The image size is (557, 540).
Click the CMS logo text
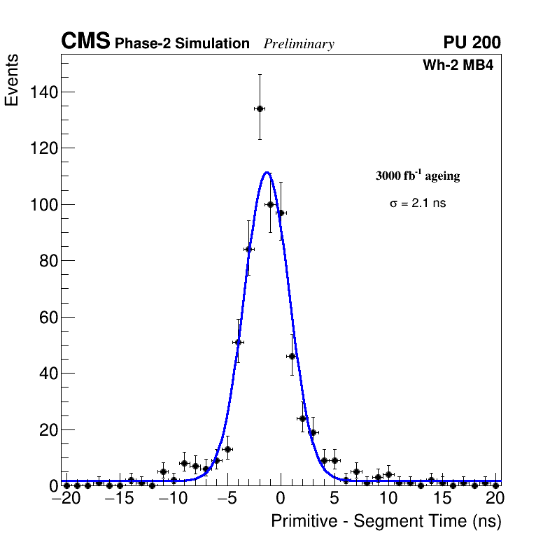85,42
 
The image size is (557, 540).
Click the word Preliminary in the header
299,44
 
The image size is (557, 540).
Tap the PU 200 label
472,43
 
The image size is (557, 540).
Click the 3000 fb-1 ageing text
418,176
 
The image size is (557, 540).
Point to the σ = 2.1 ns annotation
417,204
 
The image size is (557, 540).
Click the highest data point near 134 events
260,108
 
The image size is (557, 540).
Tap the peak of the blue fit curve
267,172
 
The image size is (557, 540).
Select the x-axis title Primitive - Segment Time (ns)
386,521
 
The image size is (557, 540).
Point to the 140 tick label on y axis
43,92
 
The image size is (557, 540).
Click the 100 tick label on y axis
43,204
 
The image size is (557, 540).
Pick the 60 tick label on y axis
47,317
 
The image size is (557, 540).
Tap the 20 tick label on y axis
47,429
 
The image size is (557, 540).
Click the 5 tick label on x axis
334,499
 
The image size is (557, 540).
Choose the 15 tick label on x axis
442,499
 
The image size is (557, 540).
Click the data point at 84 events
248,249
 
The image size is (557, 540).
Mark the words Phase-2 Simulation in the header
182,43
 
